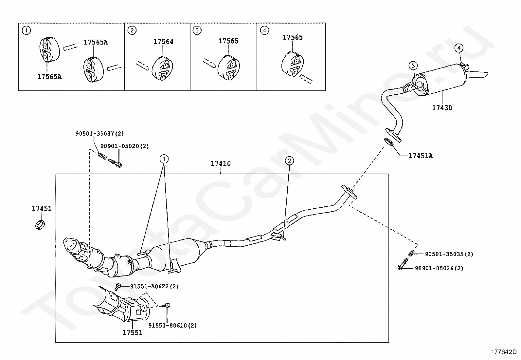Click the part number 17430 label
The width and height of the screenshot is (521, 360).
click(x=442, y=108)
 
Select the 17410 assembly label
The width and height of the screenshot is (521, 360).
click(x=221, y=163)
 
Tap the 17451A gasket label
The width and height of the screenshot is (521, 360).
click(x=420, y=156)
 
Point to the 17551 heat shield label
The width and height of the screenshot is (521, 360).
click(x=133, y=332)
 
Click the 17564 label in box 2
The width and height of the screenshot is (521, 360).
click(x=163, y=42)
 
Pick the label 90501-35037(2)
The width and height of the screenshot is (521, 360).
click(x=99, y=134)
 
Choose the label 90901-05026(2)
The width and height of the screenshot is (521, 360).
click(x=439, y=268)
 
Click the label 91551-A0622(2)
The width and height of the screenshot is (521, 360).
click(x=154, y=286)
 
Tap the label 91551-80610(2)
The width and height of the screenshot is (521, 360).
click(x=172, y=326)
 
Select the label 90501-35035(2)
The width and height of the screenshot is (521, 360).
click(x=449, y=254)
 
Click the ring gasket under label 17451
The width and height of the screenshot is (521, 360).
click(x=40, y=225)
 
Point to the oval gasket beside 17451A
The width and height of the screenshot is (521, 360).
click(x=389, y=142)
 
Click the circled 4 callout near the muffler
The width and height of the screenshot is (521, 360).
click(x=459, y=48)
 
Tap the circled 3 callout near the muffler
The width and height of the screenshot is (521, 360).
click(x=413, y=66)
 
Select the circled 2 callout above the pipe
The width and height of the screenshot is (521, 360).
click(x=289, y=161)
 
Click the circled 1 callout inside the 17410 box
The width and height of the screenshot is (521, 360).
click(x=164, y=159)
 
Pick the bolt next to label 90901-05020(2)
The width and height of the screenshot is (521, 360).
click(x=115, y=163)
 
